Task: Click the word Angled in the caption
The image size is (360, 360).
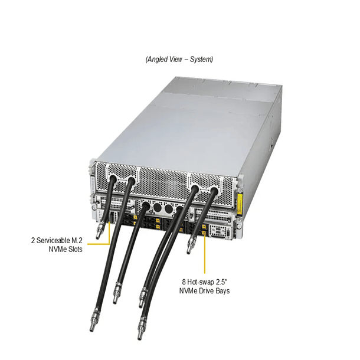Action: [x=157, y=59]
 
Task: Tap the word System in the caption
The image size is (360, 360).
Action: [x=201, y=59]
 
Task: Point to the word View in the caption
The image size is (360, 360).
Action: [x=176, y=59]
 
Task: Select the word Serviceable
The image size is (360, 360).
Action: [x=56, y=240]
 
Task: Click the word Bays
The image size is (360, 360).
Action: [x=223, y=291]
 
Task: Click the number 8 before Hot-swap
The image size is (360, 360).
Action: [x=184, y=282]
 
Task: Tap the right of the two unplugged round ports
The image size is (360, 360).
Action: [x=169, y=209]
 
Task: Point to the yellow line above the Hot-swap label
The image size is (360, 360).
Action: [x=205, y=253]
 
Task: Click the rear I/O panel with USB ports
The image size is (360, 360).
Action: [x=220, y=231]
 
